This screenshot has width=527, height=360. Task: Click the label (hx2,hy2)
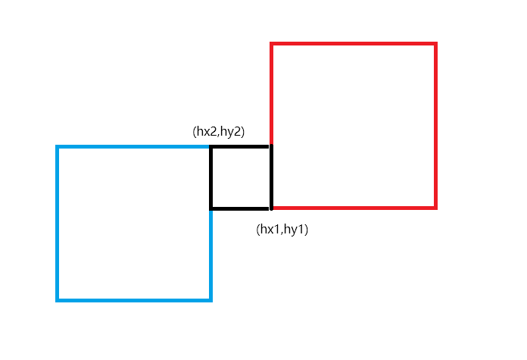tap(220, 131)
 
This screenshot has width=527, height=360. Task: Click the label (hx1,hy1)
tap(282, 229)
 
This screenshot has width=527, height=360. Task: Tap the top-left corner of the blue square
tap(58, 147)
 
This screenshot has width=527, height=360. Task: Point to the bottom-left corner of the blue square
tap(58, 300)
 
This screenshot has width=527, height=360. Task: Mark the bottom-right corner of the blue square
tap(210, 300)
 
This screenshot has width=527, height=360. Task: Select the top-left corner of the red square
tap(271, 44)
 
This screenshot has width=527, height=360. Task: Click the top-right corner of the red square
tap(436, 44)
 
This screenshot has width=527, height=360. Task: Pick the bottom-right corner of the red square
tap(436, 207)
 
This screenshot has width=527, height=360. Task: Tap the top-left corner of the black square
tap(210, 147)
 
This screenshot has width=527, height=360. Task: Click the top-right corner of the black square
tap(270, 147)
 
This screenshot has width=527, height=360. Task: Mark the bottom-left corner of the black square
tap(210, 208)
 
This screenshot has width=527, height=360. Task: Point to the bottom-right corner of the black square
tap(270, 208)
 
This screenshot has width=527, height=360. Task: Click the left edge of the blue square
tap(58, 224)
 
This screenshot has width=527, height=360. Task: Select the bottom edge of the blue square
tap(134, 300)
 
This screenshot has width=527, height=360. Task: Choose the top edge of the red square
tap(354, 44)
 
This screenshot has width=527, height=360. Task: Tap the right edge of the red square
tap(436, 125)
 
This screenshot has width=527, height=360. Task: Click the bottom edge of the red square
tap(354, 207)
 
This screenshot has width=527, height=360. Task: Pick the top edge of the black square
tap(240, 147)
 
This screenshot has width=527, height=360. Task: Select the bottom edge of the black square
tap(240, 208)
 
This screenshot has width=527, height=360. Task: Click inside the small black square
tap(240, 177)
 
